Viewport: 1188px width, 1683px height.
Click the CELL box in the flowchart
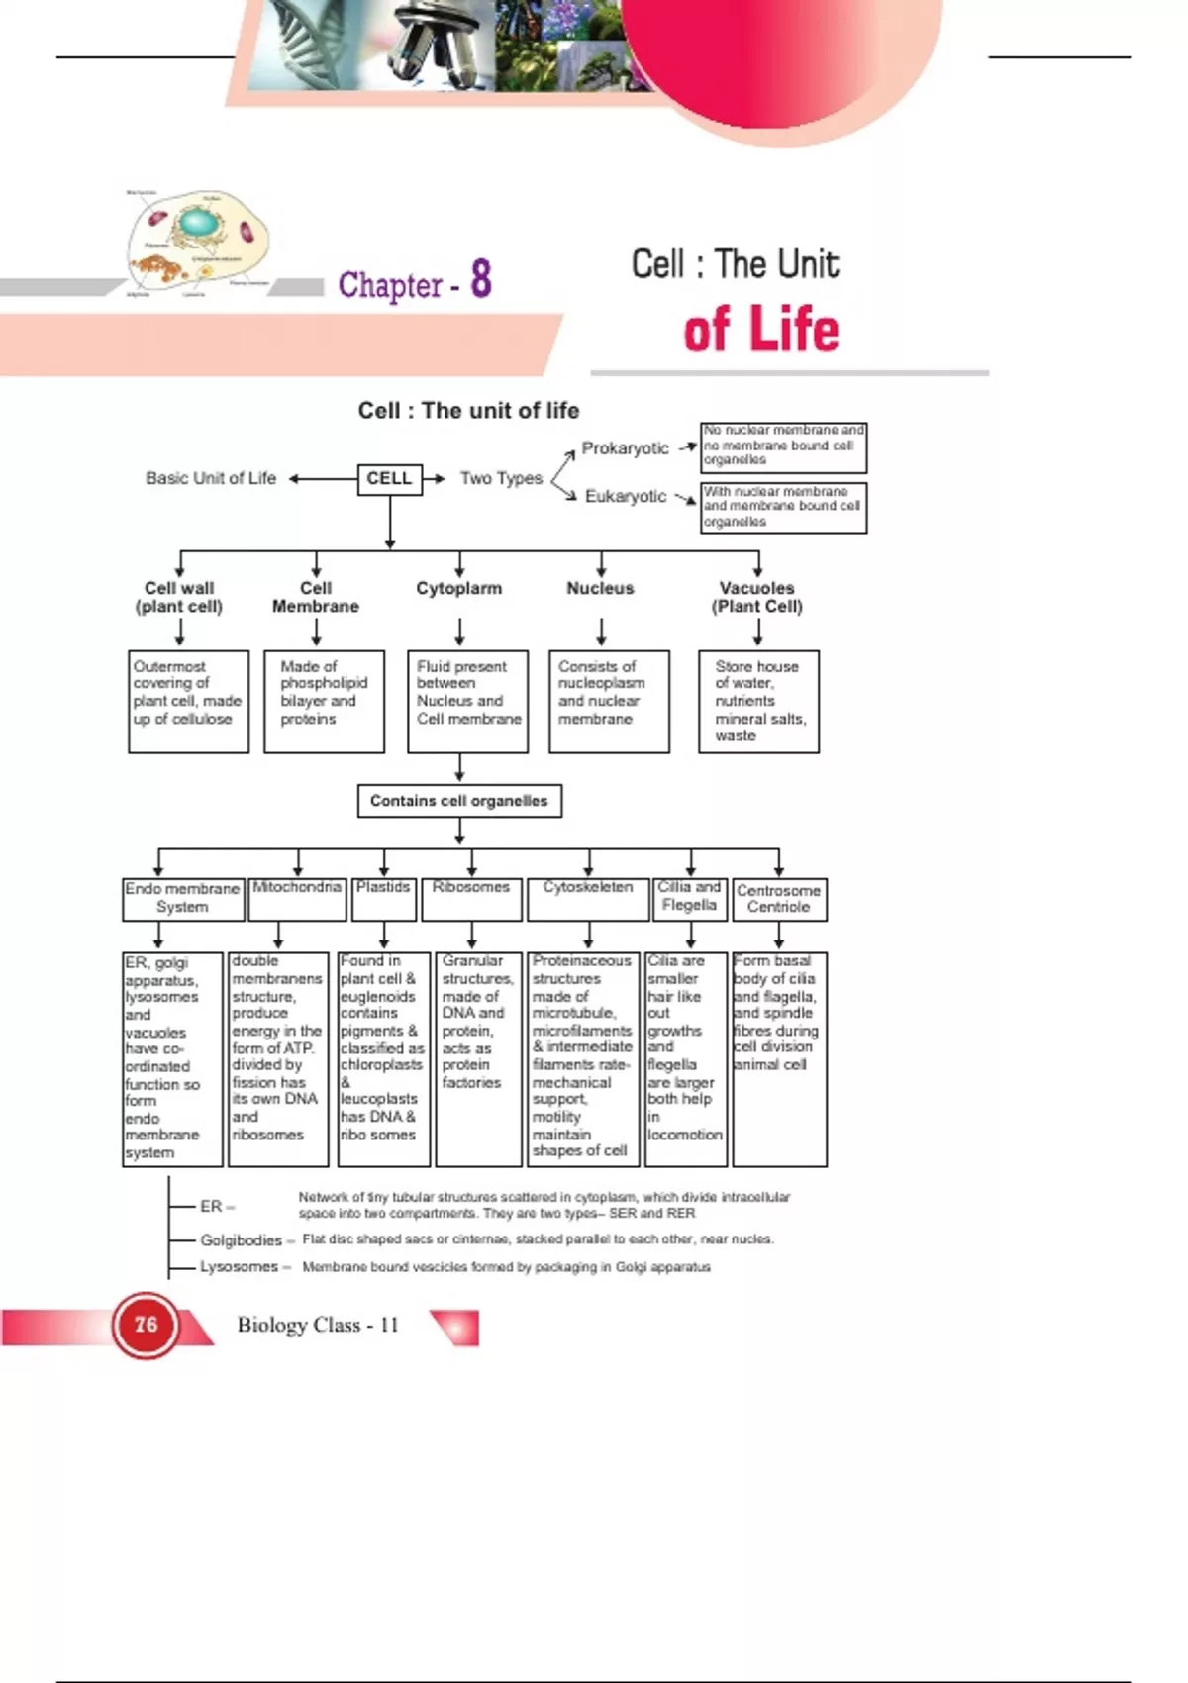point(389,478)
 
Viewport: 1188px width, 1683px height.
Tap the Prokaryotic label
point(625,448)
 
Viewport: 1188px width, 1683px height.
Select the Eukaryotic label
point(625,496)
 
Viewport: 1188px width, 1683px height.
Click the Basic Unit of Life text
point(211,478)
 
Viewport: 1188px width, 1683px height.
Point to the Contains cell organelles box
point(459,801)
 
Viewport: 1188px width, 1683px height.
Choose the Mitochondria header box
point(297,888)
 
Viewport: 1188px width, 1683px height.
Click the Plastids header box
point(383,888)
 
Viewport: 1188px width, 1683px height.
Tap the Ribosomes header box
point(471,888)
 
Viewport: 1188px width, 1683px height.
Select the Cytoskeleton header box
point(588,888)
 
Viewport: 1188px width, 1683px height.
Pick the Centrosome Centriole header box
point(779,899)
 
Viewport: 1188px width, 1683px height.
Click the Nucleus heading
point(600,588)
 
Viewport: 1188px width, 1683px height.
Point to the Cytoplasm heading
point(459,588)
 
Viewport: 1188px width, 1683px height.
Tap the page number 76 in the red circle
point(146,1325)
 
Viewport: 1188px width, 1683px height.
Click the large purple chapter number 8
point(481,279)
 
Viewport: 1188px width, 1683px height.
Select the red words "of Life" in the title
point(760,331)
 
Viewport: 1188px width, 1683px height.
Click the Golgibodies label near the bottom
point(241,1240)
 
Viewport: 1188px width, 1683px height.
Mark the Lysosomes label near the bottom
point(239,1267)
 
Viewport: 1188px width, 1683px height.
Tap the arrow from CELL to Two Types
point(435,478)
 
